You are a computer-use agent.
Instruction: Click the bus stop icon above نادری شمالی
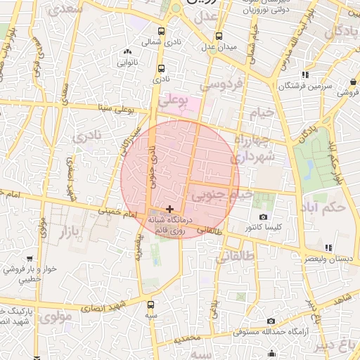coord(162,32)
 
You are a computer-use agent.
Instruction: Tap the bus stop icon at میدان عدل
coord(219,36)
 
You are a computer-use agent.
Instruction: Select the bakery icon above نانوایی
coord(127,52)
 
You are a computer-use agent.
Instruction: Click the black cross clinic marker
coord(169,209)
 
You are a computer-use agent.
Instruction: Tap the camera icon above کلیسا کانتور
coord(263,217)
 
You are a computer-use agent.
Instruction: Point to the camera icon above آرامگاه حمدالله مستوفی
coord(271,321)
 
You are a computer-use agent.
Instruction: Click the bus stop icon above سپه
coord(150,305)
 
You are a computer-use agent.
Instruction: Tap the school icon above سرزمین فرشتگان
coord(304,75)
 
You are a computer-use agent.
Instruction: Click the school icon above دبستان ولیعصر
coord(328,247)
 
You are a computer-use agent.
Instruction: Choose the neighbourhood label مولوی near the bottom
coord(56,317)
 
